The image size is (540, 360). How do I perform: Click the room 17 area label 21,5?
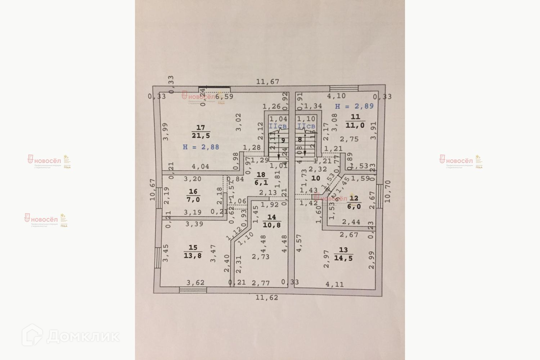[x=201, y=136]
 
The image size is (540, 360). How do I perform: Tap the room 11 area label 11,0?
[x=355, y=125]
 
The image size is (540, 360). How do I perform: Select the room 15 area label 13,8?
[x=193, y=256]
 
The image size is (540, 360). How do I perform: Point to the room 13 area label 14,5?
[x=343, y=258]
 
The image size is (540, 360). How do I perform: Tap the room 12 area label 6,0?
[x=354, y=207]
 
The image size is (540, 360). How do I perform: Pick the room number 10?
[x=315, y=178]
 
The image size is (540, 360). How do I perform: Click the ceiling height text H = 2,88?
[x=201, y=147]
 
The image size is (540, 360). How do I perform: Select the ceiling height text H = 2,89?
[x=354, y=106]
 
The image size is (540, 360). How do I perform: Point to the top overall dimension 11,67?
[x=267, y=82]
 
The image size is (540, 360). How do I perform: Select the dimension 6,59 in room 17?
[x=224, y=96]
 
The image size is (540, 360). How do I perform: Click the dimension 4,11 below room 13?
[x=334, y=284]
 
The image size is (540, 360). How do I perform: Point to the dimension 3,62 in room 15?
[x=195, y=283]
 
